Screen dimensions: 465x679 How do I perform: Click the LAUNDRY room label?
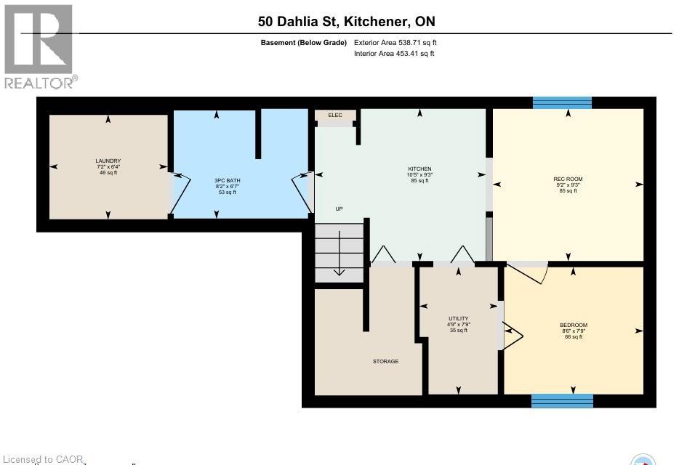point(108,161)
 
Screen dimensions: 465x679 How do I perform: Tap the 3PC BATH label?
point(226,179)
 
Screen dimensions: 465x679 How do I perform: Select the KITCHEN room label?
point(419,168)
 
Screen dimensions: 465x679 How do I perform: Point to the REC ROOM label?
point(568,179)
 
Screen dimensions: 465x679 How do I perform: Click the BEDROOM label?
point(574,325)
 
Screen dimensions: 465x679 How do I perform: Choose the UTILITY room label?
point(457,318)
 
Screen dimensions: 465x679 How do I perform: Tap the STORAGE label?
point(385,361)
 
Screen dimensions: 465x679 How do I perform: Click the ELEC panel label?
point(335,115)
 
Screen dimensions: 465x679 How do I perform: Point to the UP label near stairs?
point(339,209)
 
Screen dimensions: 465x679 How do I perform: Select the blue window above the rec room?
point(562,102)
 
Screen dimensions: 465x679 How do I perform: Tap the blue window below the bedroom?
point(562,401)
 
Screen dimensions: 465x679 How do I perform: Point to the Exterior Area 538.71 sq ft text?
point(394,43)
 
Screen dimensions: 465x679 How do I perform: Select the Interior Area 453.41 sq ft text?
point(394,54)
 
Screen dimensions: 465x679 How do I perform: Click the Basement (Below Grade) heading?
point(303,43)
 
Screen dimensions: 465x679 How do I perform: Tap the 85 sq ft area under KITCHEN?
point(419,181)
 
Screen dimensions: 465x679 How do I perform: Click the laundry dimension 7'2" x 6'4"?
point(108,166)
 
